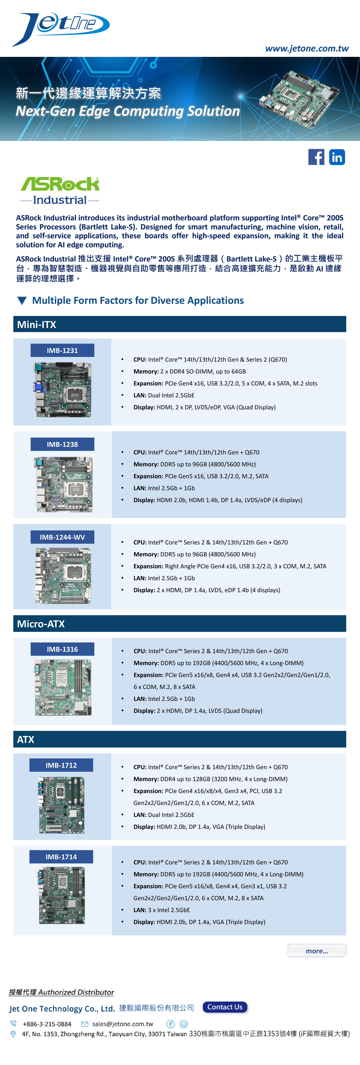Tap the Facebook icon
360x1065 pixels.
click(x=316, y=157)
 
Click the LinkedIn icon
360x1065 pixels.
click(x=337, y=157)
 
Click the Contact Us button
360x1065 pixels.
click(x=225, y=1007)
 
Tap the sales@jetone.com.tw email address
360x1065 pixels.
click(x=122, y=1024)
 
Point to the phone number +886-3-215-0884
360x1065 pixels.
click(x=47, y=1024)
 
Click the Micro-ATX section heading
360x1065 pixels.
click(x=41, y=623)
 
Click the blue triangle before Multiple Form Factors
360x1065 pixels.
click(x=22, y=301)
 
